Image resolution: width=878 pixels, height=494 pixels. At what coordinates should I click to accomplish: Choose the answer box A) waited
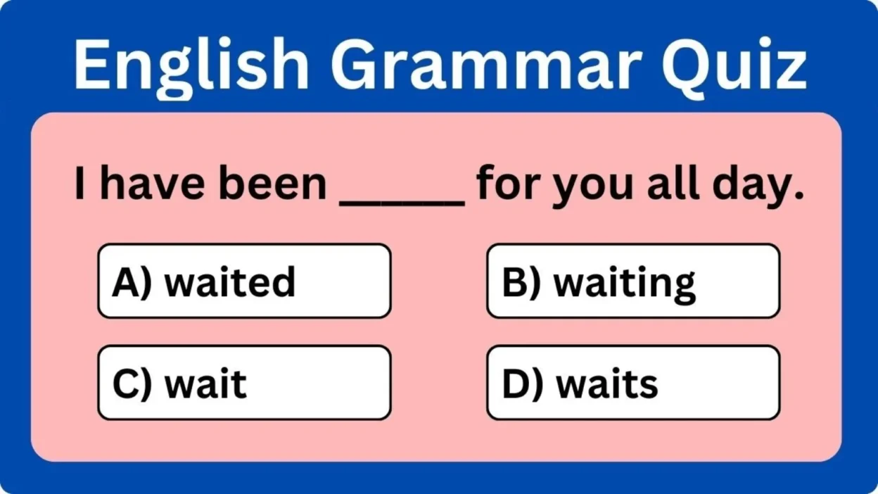click(x=244, y=281)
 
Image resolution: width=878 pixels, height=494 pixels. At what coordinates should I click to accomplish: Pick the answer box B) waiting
click(x=633, y=281)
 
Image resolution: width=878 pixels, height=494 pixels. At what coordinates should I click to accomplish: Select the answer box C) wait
click(x=244, y=383)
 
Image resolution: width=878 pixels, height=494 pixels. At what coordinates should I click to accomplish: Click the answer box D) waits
click(x=633, y=383)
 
